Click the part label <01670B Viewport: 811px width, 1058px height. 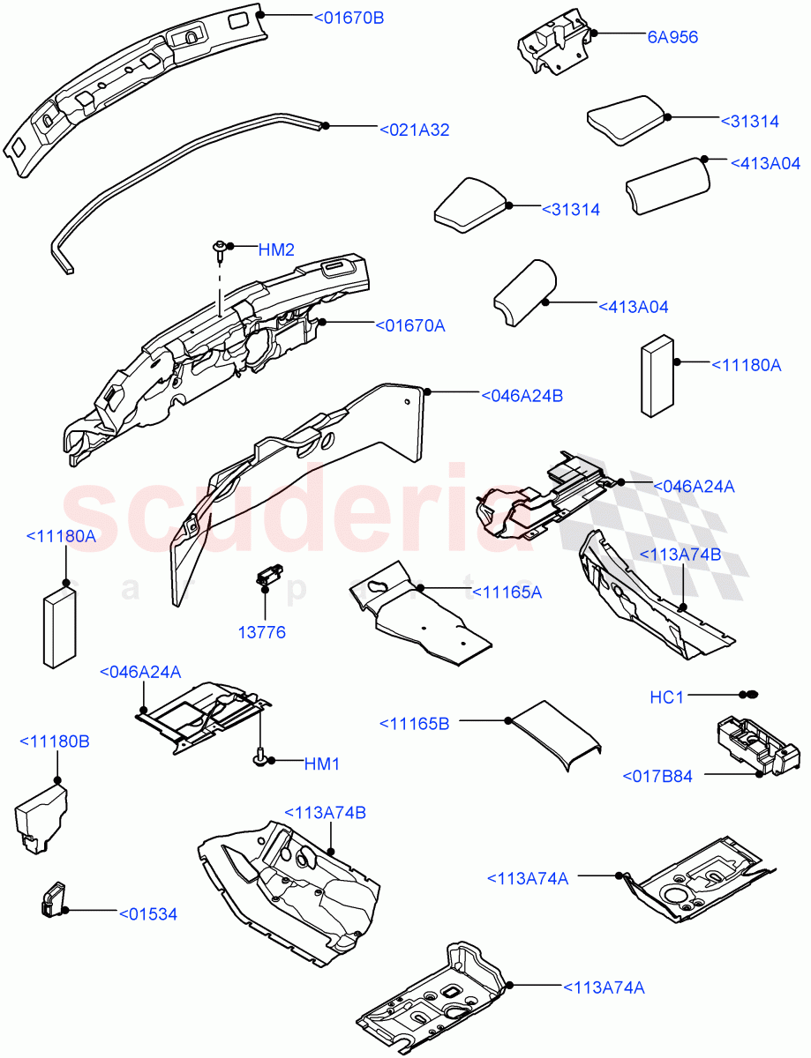click(x=349, y=17)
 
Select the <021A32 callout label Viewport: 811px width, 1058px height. click(x=414, y=130)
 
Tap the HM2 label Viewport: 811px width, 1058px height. click(x=275, y=250)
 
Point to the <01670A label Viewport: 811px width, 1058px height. click(x=410, y=325)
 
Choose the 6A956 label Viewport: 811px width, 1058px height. click(x=672, y=37)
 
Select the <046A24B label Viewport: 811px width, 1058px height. click(x=522, y=396)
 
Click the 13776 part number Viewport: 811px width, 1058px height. click(x=261, y=632)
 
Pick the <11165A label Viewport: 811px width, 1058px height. click(x=507, y=592)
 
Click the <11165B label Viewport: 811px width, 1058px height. click(x=415, y=724)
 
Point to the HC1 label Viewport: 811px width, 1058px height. click(x=667, y=697)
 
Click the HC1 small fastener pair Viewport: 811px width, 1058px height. click(x=749, y=696)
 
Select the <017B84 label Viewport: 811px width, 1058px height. click(x=657, y=777)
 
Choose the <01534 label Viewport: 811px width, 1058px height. click(x=148, y=914)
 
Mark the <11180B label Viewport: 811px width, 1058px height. click(x=54, y=741)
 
